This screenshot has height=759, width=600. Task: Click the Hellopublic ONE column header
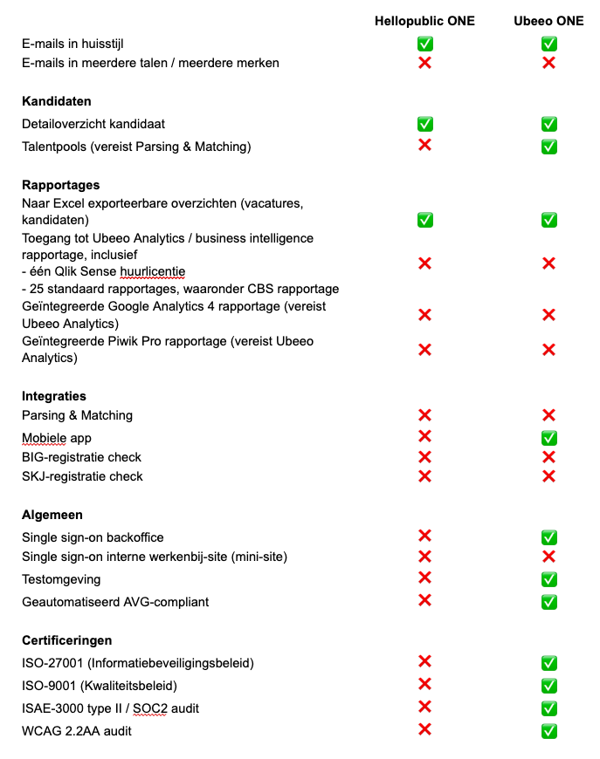[424, 21]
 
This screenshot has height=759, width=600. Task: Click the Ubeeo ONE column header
[548, 21]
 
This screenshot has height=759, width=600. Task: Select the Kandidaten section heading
[57, 101]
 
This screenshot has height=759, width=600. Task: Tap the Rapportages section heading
[61, 185]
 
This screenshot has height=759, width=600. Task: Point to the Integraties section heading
[54, 396]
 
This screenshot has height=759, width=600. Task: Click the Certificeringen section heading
[67, 640]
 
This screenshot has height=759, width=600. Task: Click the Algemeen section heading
[52, 515]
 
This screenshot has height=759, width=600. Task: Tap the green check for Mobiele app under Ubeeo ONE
[548, 438]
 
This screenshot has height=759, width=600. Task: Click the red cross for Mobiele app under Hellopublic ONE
[425, 436]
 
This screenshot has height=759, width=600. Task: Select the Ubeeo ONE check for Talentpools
[548, 147]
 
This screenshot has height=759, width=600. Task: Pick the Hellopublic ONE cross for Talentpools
[425, 145]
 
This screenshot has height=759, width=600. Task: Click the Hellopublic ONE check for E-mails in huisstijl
[425, 44]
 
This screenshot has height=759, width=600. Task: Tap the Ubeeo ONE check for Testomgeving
[548, 579]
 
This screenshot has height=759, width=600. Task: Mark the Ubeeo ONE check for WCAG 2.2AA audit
[548, 731]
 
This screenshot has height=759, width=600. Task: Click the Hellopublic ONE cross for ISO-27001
[425, 661]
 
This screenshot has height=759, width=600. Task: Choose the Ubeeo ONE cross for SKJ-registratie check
[548, 476]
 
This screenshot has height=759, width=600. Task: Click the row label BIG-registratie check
[81, 457]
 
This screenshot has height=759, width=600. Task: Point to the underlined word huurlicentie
[153, 271]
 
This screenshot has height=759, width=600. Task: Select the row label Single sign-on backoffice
[93, 537]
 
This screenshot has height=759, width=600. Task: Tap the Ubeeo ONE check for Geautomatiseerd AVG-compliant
[548, 602]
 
